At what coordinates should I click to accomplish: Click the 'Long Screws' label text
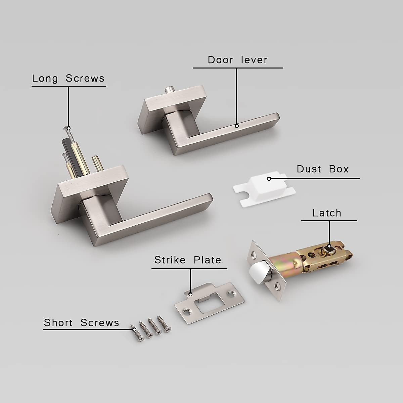[x=69, y=79]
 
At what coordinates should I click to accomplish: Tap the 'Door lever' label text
[x=237, y=60]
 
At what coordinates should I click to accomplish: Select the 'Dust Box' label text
[x=323, y=169]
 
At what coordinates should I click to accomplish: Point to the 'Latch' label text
[x=327, y=213]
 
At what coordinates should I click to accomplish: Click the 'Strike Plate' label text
[x=188, y=260]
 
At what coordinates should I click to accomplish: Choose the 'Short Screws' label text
[x=82, y=323]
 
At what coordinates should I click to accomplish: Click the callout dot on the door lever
[x=236, y=126]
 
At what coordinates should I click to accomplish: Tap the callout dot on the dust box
[x=269, y=178]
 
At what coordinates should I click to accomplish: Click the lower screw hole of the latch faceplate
[x=277, y=286]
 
